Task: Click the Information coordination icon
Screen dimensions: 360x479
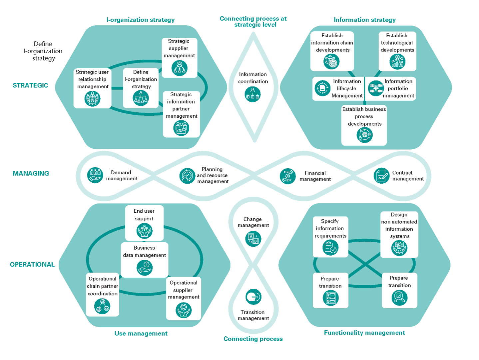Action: click(252, 94)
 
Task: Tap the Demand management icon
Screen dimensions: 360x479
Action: click(95, 175)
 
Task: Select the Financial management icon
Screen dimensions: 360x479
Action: click(287, 176)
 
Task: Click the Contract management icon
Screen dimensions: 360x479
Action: click(381, 176)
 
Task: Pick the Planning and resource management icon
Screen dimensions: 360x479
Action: click(187, 176)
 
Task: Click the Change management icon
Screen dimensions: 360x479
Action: click(253, 239)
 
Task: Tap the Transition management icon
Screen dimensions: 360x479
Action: click(253, 297)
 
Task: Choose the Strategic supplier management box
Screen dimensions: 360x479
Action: click(180, 57)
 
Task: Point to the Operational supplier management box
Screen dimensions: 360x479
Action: click(184, 298)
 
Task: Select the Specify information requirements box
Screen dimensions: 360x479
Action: click(330, 237)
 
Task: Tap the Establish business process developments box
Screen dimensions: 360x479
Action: click(364, 125)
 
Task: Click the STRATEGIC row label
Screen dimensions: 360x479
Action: click(30, 85)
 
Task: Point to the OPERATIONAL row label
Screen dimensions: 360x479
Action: click(32, 264)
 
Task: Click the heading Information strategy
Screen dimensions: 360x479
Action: click(365, 20)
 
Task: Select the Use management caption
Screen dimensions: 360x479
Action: click(141, 333)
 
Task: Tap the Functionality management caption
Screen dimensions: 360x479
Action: click(364, 333)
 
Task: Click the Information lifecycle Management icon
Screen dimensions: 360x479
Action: click(322, 88)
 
